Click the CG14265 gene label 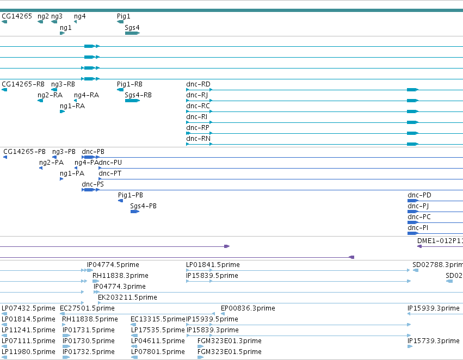click(x=17, y=16)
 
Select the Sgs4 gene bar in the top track click(x=132, y=33)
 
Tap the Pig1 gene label click(x=124, y=16)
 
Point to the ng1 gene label click(x=65, y=28)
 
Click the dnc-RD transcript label click(x=198, y=84)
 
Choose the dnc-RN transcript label click(x=198, y=138)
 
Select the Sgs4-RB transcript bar click(x=132, y=101)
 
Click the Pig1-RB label click(x=129, y=84)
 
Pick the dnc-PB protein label click(x=93, y=151)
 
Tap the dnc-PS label click(x=92, y=184)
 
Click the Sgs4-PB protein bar click(x=134, y=212)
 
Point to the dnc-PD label click(x=419, y=195)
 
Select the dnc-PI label click(x=418, y=228)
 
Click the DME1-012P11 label click(x=440, y=241)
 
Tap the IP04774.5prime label click(x=113, y=265)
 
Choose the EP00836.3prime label click(x=248, y=308)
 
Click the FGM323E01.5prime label click(x=230, y=352)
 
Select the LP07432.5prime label click(x=28, y=308)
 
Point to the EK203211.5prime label click(x=127, y=297)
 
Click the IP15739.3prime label click(x=434, y=341)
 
